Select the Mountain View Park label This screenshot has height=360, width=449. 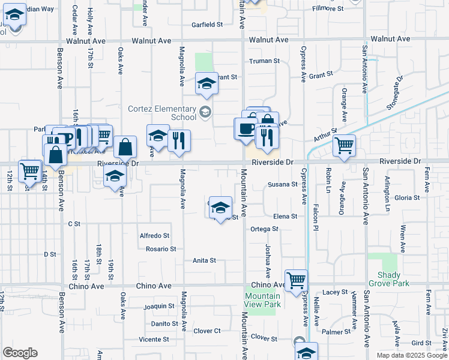point(263,300)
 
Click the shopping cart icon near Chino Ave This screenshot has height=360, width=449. point(296,280)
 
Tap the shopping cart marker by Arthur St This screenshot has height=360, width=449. point(344,145)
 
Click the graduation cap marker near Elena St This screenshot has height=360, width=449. point(220,207)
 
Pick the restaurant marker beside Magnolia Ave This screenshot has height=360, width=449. point(179,141)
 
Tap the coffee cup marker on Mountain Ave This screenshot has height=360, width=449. point(246,128)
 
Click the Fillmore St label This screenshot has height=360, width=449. point(328,9)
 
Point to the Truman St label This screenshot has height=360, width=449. point(265,61)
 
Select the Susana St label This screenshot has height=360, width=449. point(283,185)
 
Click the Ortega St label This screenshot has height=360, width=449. point(264,229)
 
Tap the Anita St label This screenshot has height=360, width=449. point(204,261)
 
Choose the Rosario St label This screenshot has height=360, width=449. point(161,249)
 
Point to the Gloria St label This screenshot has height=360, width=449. point(407,197)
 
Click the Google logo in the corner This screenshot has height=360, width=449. point(20,353)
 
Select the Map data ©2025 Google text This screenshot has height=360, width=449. point(411,355)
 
